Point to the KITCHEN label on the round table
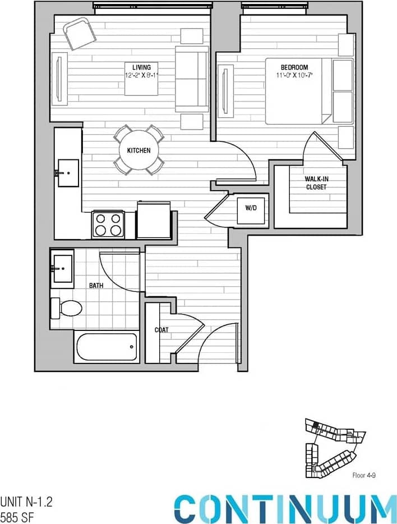(x=139, y=151)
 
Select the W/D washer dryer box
(x=251, y=208)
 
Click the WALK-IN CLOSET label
(x=316, y=183)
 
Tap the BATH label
(x=96, y=286)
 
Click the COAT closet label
(x=161, y=330)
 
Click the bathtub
(x=107, y=347)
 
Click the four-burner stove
(x=108, y=224)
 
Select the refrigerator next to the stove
(x=154, y=220)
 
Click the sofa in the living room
(x=191, y=79)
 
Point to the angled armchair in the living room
(x=80, y=33)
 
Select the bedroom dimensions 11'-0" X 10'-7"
(x=296, y=75)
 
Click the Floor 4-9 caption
(x=363, y=475)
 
